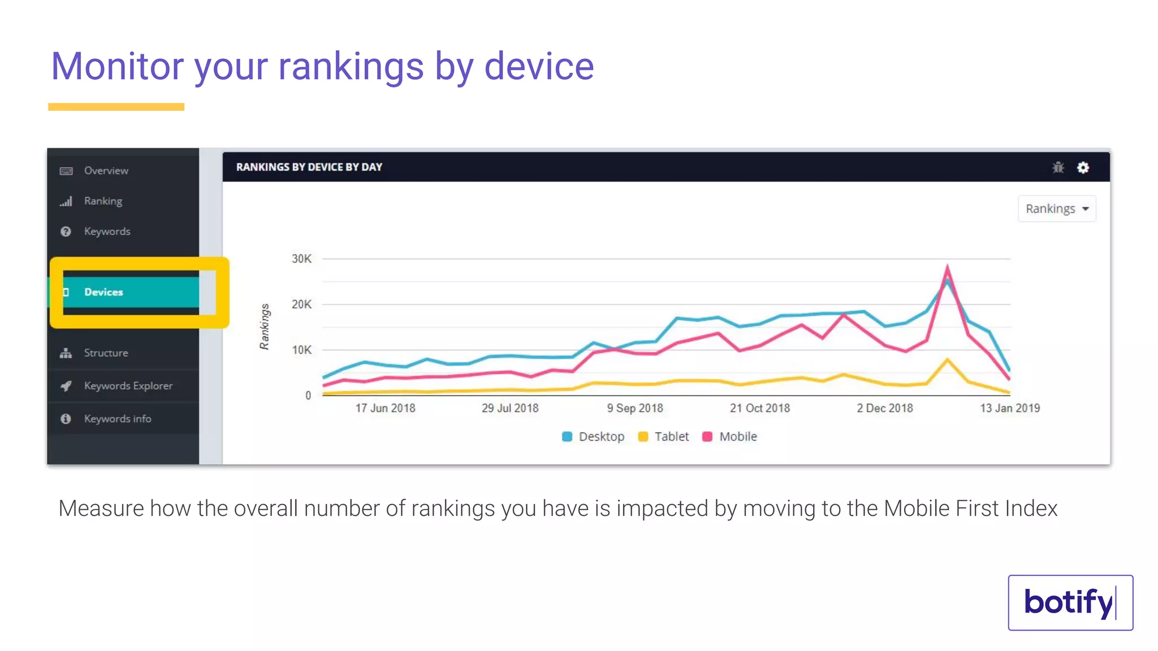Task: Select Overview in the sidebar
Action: [x=106, y=171]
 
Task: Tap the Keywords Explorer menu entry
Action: [x=128, y=386]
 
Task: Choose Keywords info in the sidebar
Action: [x=117, y=419]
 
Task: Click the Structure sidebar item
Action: [x=106, y=353]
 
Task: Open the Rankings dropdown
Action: [x=1056, y=209]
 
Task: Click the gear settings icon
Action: [x=1083, y=168]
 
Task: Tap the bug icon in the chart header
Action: [x=1058, y=168]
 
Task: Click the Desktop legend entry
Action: [x=594, y=437]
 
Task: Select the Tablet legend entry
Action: [x=664, y=437]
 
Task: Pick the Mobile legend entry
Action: [x=730, y=437]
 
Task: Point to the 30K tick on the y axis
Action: [x=301, y=259]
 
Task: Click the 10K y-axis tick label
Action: [x=301, y=350]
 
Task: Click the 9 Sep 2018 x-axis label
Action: [x=634, y=408]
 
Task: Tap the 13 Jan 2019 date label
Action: [x=1009, y=408]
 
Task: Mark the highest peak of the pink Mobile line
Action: [x=947, y=267]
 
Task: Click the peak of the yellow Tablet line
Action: [x=947, y=359]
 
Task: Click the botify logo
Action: [x=1070, y=602]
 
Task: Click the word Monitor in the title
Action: [x=117, y=67]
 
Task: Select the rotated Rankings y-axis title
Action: [x=264, y=327]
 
